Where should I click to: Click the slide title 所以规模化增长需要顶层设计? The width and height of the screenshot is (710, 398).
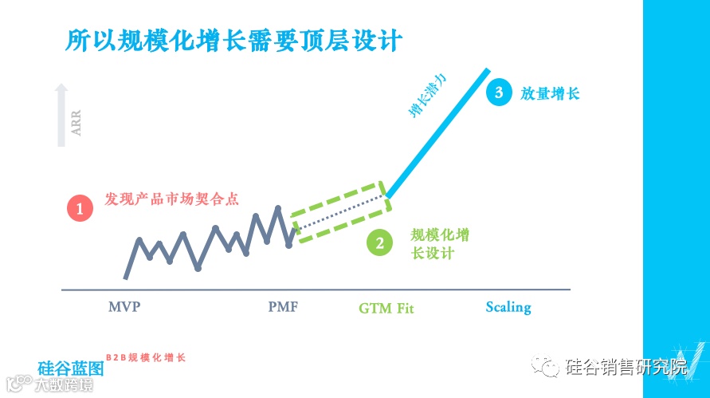(233, 39)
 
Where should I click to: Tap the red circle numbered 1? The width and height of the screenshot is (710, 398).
(80, 209)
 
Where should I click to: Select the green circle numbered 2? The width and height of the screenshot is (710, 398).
(379, 243)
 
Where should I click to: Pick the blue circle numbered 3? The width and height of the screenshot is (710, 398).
(499, 93)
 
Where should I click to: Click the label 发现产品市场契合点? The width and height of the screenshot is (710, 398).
(172, 199)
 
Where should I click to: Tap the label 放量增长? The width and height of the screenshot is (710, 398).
(549, 93)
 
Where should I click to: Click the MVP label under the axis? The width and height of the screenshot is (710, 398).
(124, 306)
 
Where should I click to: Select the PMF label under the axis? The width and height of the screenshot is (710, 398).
(283, 306)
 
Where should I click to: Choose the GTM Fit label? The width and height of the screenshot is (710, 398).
(386, 308)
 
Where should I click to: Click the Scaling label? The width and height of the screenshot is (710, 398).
(508, 307)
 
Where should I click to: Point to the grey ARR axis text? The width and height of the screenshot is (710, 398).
(76, 124)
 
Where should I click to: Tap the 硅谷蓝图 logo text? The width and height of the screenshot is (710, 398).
(71, 369)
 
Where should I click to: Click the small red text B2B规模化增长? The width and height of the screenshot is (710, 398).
(146, 357)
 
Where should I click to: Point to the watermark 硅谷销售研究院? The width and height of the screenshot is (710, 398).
(626, 368)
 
